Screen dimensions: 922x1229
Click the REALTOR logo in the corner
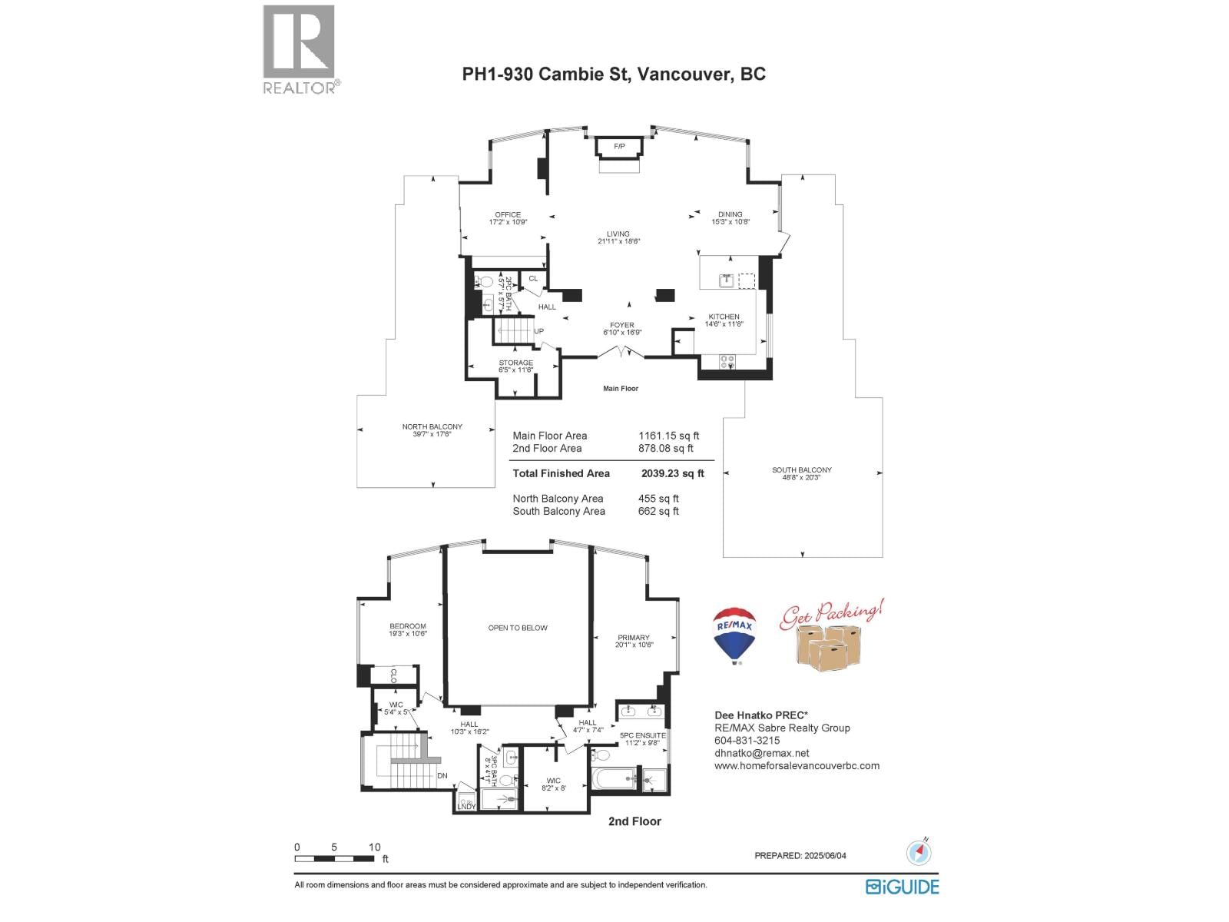pos(300,49)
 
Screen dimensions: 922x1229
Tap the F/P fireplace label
pos(619,146)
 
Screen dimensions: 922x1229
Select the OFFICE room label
pos(508,215)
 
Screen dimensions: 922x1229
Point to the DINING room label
pos(730,214)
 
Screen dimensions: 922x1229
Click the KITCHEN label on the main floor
pos(724,317)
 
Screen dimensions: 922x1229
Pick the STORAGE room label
pos(515,363)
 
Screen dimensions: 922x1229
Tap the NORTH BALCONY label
pos(432,427)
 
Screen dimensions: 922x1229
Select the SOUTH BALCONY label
pos(802,470)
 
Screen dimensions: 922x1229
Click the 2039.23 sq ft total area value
pos(672,473)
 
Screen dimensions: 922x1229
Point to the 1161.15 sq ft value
pos(668,436)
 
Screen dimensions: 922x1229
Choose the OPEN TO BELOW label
pos(518,628)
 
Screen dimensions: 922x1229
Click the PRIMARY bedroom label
pos(634,638)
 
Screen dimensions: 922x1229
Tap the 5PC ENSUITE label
pos(643,735)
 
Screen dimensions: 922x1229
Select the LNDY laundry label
pos(466,806)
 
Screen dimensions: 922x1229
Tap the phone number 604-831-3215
pos(747,741)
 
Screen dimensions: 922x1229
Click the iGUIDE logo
pos(902,887)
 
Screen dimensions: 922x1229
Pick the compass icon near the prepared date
pos(919,852)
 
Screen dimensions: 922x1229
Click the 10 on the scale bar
pos(374,847)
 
